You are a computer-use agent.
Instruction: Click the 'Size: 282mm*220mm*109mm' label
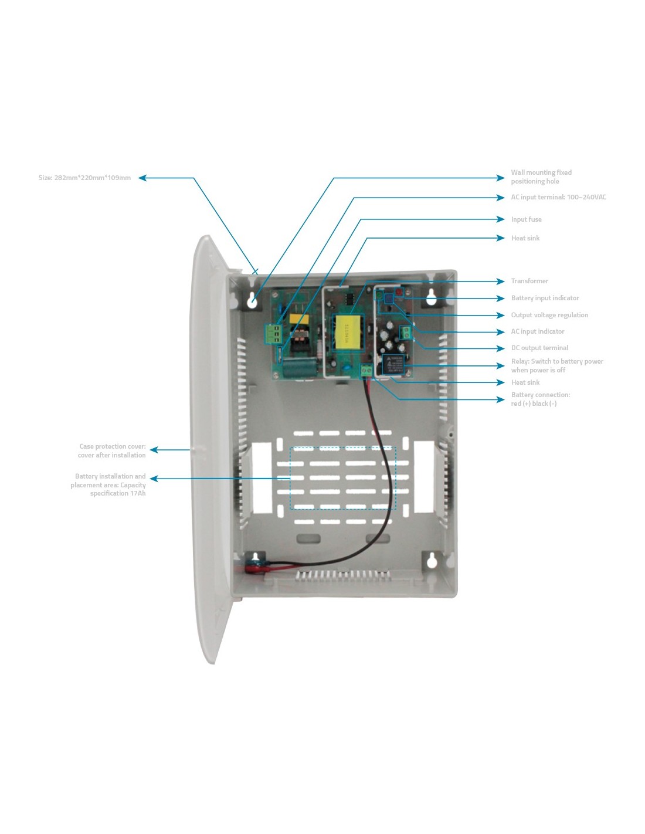click(x=84, y=178)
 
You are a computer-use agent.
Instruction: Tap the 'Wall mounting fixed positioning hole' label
click(x=541, y=177)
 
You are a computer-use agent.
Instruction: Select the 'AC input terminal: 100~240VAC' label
click(x=558, y=197)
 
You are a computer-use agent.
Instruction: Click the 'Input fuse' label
click(x=526, y=219)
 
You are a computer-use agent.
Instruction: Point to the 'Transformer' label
click(x=529, y=281)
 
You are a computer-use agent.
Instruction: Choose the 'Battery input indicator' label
click(x=545, y=298)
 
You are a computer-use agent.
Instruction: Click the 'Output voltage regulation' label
click(x=549, y=315)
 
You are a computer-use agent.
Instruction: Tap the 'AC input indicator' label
click(x=538, y=331)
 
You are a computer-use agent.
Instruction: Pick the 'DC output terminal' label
click(x=539, y=348)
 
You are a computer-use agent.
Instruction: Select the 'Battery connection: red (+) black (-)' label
click(x=540, y=399)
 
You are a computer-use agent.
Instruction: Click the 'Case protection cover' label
click(x=112, y=450)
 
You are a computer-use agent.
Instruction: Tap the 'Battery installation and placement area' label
click(x=108, y=484)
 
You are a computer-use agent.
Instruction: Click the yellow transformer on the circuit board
click(x=345, y=333)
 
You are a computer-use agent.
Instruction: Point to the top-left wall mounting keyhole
click(x=253, y=301)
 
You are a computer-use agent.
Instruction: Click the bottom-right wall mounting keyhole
click(x=432, y=561)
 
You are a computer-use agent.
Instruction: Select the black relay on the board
click(x=393, y=364)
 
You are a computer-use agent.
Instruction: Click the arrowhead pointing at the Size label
click(x=142, y=178)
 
